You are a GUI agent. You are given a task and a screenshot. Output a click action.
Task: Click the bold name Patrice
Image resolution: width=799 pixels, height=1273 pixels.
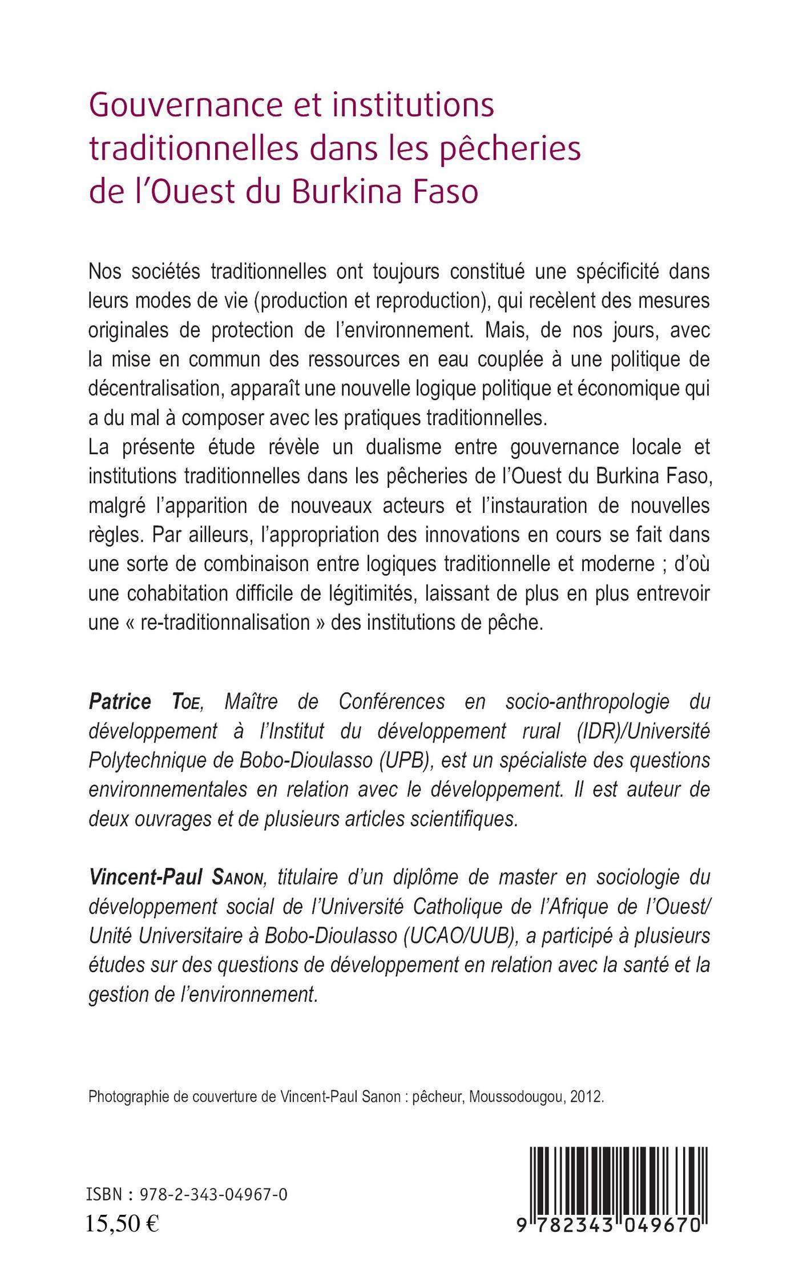[120, 702]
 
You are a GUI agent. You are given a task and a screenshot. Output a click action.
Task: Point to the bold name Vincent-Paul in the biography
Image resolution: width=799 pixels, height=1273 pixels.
[146, 877]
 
